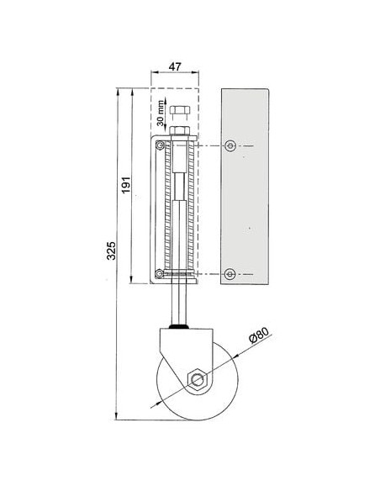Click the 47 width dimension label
point(175,66)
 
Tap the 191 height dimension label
point(126,185)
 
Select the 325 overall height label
point(111,251)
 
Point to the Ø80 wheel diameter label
point(259,335)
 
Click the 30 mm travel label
point(161,113)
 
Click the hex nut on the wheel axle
point(197,380)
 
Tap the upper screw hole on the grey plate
point(230,145)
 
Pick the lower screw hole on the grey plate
point(230,274)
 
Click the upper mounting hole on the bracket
point(160,145)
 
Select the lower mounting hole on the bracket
point(160,274)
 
